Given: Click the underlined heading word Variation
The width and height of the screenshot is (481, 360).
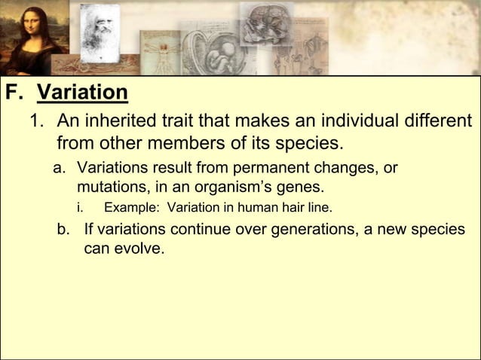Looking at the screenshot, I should click(x=82, y=93).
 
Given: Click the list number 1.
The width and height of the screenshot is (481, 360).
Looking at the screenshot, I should click(x=35, y=121).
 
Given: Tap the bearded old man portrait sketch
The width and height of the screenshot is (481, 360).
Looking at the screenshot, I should click(x=100, y=30).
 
